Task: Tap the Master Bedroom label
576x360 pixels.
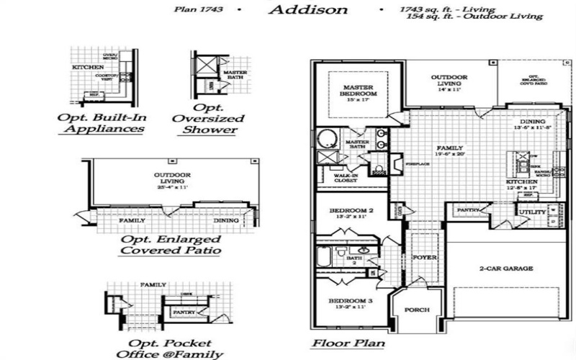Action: (358, 91)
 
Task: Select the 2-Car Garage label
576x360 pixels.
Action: (506, 269)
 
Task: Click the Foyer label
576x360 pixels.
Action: (421, 257)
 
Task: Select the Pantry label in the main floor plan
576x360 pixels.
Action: (469, 210)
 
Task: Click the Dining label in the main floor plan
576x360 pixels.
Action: (532, 122)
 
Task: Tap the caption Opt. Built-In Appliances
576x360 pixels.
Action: (101, 124)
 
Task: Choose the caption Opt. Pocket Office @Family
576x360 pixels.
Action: (169, 348)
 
